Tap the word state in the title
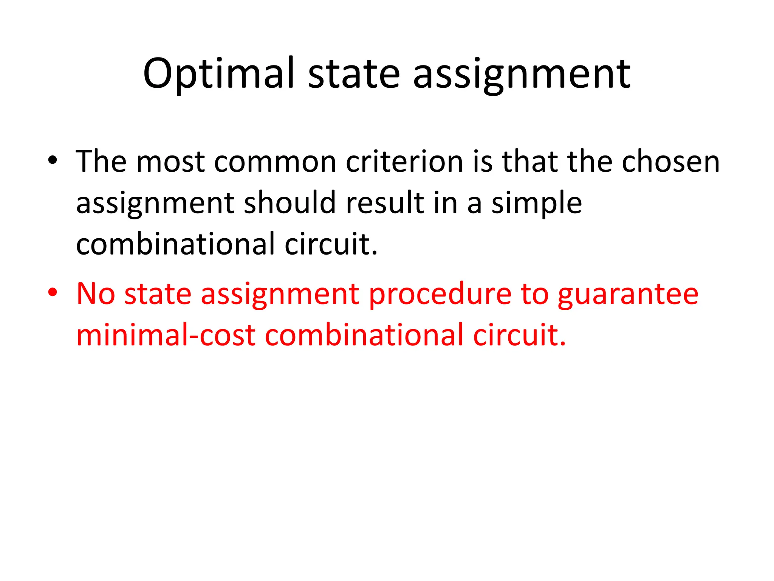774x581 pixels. click(x=354, y=74)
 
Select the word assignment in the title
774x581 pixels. click(x=522, y=74)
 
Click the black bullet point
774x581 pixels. click(x=53, y=160)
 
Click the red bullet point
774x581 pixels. click(x=53, y=292)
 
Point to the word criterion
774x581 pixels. click(x=404, y=162)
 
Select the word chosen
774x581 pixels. click(x=670, y=162)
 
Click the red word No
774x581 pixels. click(x=96, y=294)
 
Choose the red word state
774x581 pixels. click(x=158, y=294)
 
